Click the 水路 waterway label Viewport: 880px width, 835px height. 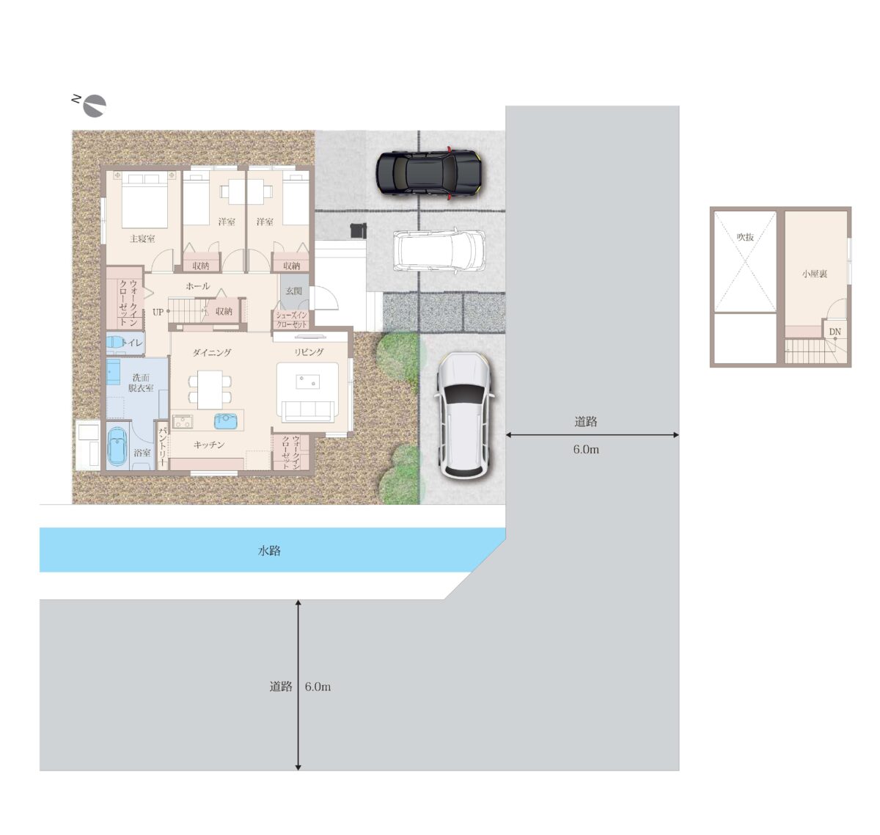coord(269,550)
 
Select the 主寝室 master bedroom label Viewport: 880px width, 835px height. coord(142,238)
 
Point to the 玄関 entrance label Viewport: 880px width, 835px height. coord(293,291)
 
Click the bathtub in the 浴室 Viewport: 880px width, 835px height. coord(118,448)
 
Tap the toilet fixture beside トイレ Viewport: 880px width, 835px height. coord(115,343)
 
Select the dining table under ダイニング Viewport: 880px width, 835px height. coord(210,390)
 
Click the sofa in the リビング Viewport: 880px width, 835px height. coord(307,411)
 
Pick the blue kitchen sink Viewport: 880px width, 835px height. coord(226,420)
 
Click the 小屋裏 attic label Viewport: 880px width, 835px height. coord(814,274)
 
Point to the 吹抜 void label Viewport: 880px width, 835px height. coord(745,237)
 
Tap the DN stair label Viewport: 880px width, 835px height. coord(835,332)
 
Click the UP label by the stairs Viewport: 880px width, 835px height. coord(158,313)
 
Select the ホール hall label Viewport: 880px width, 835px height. coord(197,286)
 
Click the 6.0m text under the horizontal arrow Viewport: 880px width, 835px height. coord(586,449)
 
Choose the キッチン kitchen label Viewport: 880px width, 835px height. coord(208,445)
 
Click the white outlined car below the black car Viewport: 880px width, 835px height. coord(439,250)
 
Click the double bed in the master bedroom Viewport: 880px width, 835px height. coord(144,200)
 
